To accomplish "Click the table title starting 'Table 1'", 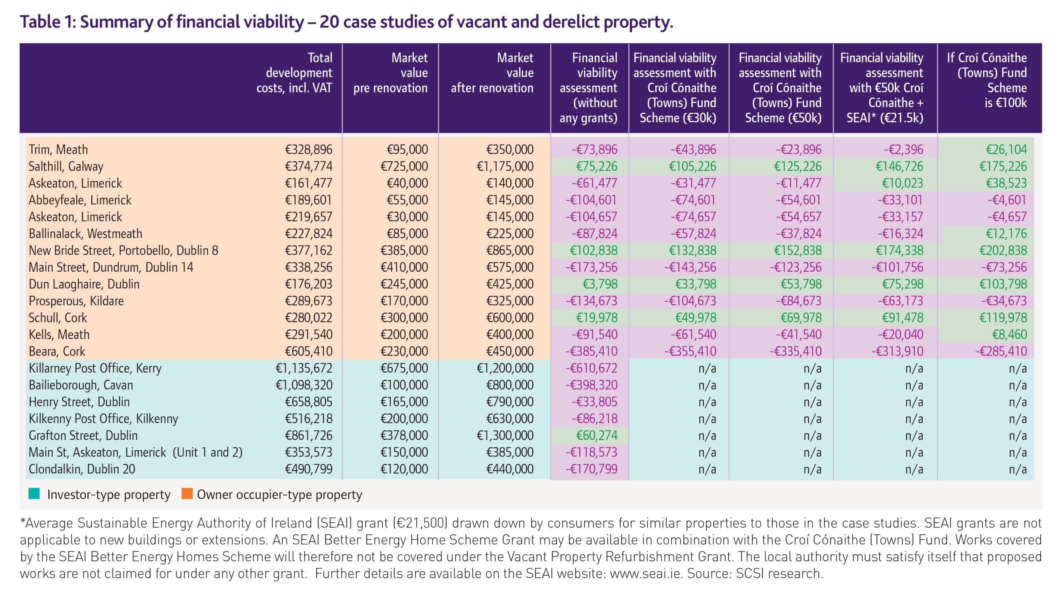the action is (x=346, y=22).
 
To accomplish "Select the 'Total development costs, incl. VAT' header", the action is (x=294, y=72).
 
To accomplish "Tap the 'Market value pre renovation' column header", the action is (x=390, y=72).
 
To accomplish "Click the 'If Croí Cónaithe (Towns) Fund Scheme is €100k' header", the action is (x=987, y=80).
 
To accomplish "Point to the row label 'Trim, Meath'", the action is (x=58, y=149).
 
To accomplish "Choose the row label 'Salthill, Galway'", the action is (x=66, y=166).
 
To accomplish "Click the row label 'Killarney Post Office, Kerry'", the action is (x=95, y=368).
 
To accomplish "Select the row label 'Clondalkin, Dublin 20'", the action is (x=82, y=469).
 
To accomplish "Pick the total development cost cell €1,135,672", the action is (x=304, y=368).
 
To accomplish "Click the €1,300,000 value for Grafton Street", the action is (x=505, y=435).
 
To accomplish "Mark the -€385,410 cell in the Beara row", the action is (x=591, y=351).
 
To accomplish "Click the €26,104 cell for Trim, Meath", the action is (x=1006, y=149).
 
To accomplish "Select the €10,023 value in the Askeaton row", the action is (x=903, y=183).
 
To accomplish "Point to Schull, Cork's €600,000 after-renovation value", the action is (x=510, y=318).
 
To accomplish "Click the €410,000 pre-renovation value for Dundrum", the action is (x=404, y=267).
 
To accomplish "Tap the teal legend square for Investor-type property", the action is (x=34, y=493).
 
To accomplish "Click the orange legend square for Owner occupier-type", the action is (x=187, y=493).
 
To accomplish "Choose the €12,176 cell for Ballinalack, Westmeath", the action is (x=1006, y=234).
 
